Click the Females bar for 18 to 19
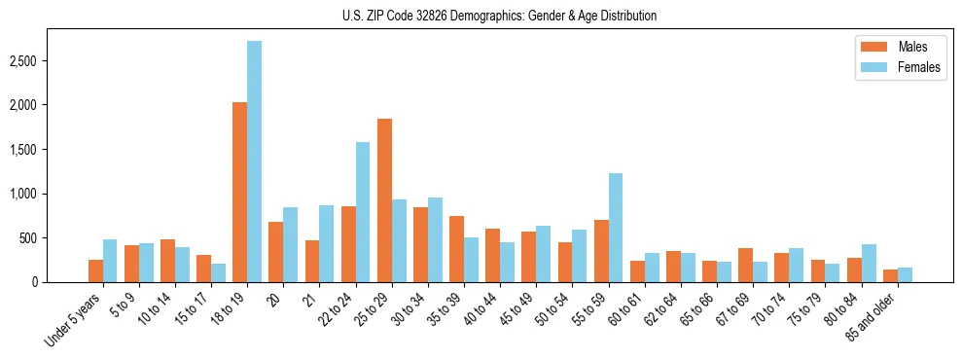pos(254,162)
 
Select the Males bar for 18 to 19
pos(239,192)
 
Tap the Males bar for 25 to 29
pos(384,200)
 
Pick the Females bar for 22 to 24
pos(363,212)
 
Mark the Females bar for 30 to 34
pos(435,239)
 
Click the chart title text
pos(499,16)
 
